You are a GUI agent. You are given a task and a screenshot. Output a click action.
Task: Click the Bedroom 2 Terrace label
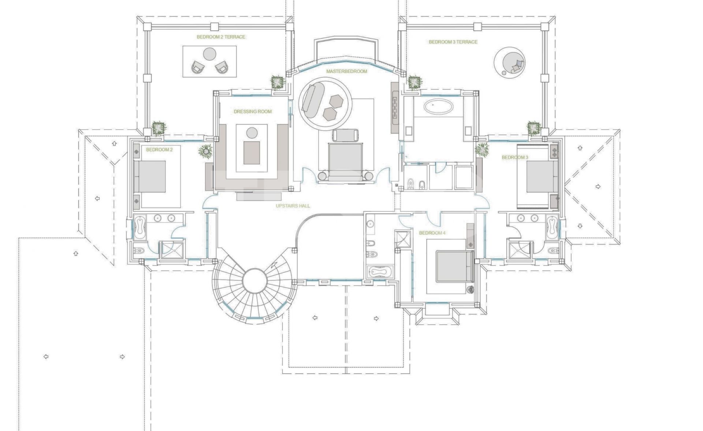(221, 37)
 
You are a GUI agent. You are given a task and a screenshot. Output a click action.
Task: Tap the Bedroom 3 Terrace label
(453, 42)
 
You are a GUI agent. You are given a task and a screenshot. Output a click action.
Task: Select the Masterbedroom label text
(346, 71)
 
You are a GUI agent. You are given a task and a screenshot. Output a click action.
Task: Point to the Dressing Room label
(253, 111)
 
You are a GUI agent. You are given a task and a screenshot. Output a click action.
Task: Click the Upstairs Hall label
(293, 206)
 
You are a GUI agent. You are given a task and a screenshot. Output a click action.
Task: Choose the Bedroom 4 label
(432, 233)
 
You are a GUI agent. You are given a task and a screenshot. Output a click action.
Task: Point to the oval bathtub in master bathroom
(438, 107)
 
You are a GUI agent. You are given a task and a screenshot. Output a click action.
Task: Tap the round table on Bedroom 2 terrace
(210, 54)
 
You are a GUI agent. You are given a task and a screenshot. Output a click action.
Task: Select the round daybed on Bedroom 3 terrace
(509, 61)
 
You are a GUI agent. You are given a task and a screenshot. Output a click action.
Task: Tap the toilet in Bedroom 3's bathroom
(552, 250)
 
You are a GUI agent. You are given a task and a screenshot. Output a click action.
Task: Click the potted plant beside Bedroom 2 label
(206, 151)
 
